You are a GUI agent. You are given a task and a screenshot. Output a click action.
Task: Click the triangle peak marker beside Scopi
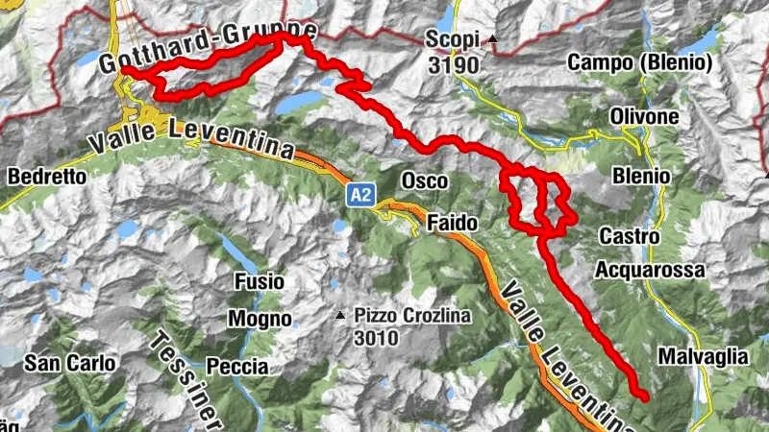(493, 40)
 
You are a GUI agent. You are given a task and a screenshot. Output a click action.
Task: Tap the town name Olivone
(644, 116)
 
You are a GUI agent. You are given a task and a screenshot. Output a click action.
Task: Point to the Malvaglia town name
(703, 356)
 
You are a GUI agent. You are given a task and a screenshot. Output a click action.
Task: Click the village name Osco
(424, 180)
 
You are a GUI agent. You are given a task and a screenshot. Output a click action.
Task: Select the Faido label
(451, 223)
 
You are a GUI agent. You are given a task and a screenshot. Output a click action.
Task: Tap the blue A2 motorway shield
(360, 196)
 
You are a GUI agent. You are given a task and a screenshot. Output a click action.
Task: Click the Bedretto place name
(47, 177)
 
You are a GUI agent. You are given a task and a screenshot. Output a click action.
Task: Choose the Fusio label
(260, 282)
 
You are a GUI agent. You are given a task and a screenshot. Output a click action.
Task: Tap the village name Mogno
(260, 318)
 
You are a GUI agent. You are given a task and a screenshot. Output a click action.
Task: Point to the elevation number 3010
(377, 338)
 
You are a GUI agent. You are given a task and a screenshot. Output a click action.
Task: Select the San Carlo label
(70, 363)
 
